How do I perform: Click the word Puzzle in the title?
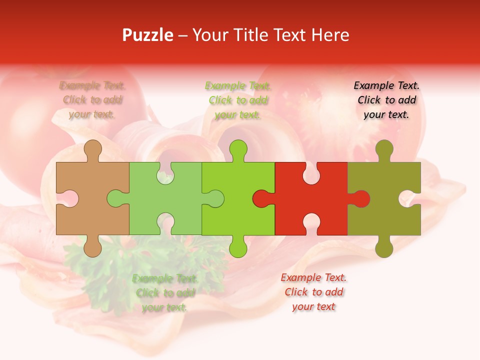point(148,35)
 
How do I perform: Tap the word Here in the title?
point(330,35)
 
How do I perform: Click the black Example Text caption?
point(386,100)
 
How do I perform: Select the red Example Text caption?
point(313,292)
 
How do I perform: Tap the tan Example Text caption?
point(92,100)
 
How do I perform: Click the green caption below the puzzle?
point(164,293)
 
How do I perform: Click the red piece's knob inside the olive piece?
point(361,199)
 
